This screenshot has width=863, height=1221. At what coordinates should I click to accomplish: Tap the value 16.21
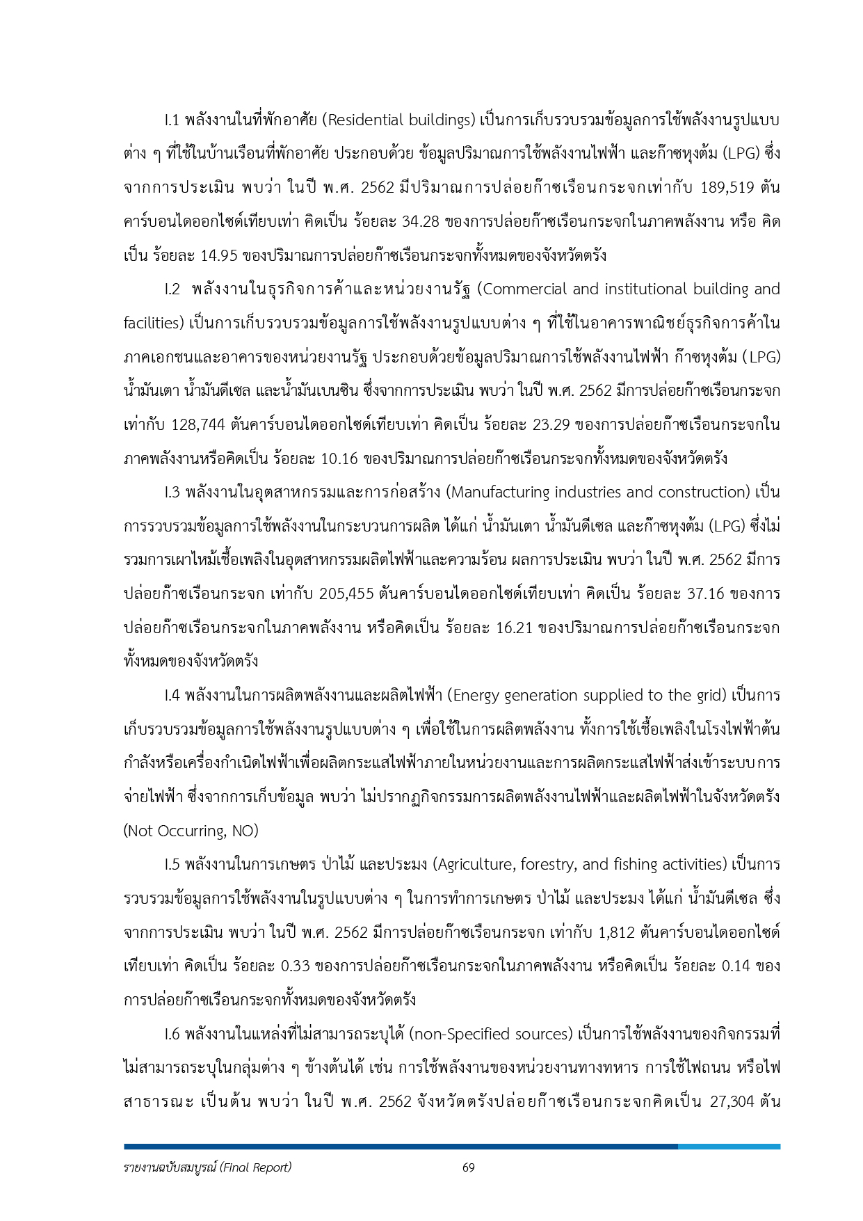515,628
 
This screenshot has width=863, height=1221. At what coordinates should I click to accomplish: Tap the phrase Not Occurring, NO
191,831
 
